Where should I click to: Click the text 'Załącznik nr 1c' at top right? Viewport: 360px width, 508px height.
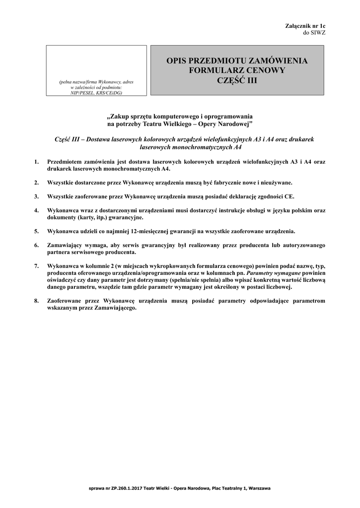point(305,25)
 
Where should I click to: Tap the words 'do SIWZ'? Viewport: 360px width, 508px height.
point(314,32)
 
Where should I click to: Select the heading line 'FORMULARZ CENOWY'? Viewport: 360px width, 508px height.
point(237,70)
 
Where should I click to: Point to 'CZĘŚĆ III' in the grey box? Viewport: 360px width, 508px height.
point(237,80)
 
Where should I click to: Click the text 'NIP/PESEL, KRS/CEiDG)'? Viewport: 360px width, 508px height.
point(96,92)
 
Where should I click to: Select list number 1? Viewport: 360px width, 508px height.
point(36,162)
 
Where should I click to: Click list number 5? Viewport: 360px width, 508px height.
point(36,231)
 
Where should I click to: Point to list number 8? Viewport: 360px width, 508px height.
point(36,301)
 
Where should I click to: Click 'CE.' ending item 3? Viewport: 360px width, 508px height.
point(289,196)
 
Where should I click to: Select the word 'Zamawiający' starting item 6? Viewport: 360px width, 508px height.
point(67,245)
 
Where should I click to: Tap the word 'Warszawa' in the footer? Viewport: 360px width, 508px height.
point(259,489)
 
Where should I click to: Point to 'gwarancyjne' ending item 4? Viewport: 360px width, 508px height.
point(126,217)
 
